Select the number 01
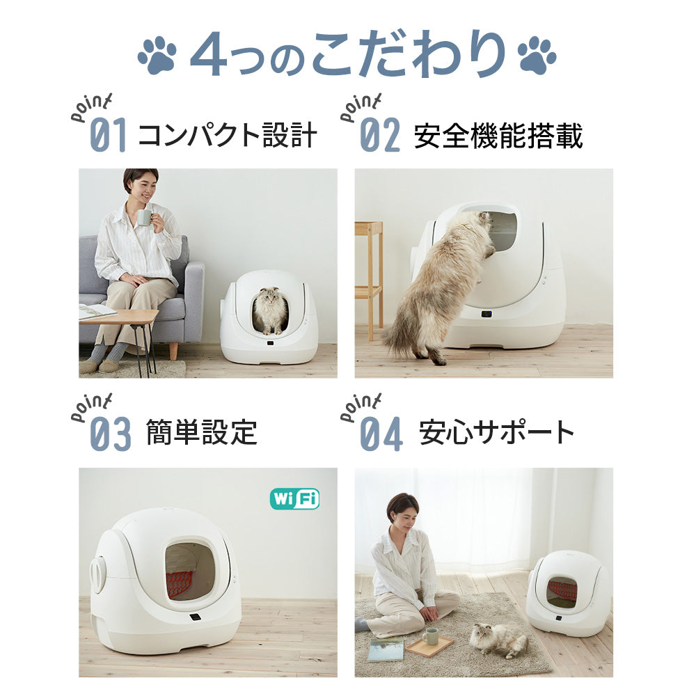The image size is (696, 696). tap(109, 136)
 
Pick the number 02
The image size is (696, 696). tap(380, 136)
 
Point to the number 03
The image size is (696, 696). tap(110, 434)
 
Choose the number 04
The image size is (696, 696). tap(381, 434)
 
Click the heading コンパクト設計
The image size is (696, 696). tap(228, 135)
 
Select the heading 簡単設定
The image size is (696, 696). tap(201, 433)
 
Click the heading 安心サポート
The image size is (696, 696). tap(497, 433)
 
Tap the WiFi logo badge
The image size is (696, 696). tap(294, 498)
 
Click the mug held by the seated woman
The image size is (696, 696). tap(144, 217)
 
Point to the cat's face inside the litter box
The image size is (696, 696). tap(270, 303)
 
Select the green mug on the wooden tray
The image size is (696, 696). tap(430, 636)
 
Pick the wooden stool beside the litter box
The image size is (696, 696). tap(369, 271)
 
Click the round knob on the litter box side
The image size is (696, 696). tap(98, 575)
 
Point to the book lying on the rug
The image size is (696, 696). tap(385, 649)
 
